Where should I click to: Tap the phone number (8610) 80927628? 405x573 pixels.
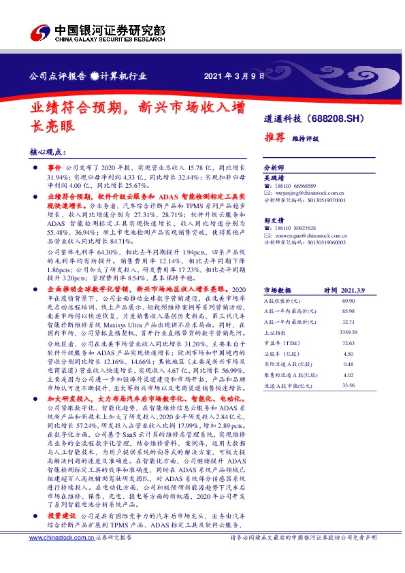click(297, 227)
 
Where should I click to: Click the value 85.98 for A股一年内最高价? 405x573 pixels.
click(349, 311)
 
